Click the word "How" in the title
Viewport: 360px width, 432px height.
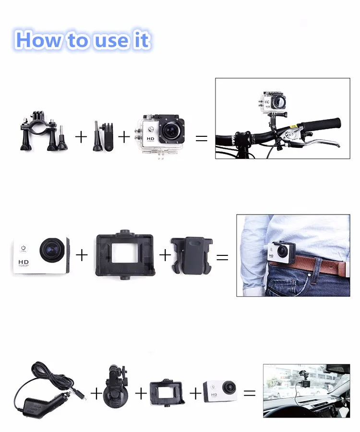point(39,40)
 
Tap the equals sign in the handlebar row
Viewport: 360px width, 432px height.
point(202,138)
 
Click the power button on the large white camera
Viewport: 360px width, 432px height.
point(23,249)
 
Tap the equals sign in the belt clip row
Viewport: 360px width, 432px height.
point(222,257)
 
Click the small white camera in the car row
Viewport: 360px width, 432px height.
point(220,390)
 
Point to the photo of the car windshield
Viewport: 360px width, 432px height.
point(306,390)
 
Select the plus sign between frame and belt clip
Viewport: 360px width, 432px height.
point(165,255)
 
